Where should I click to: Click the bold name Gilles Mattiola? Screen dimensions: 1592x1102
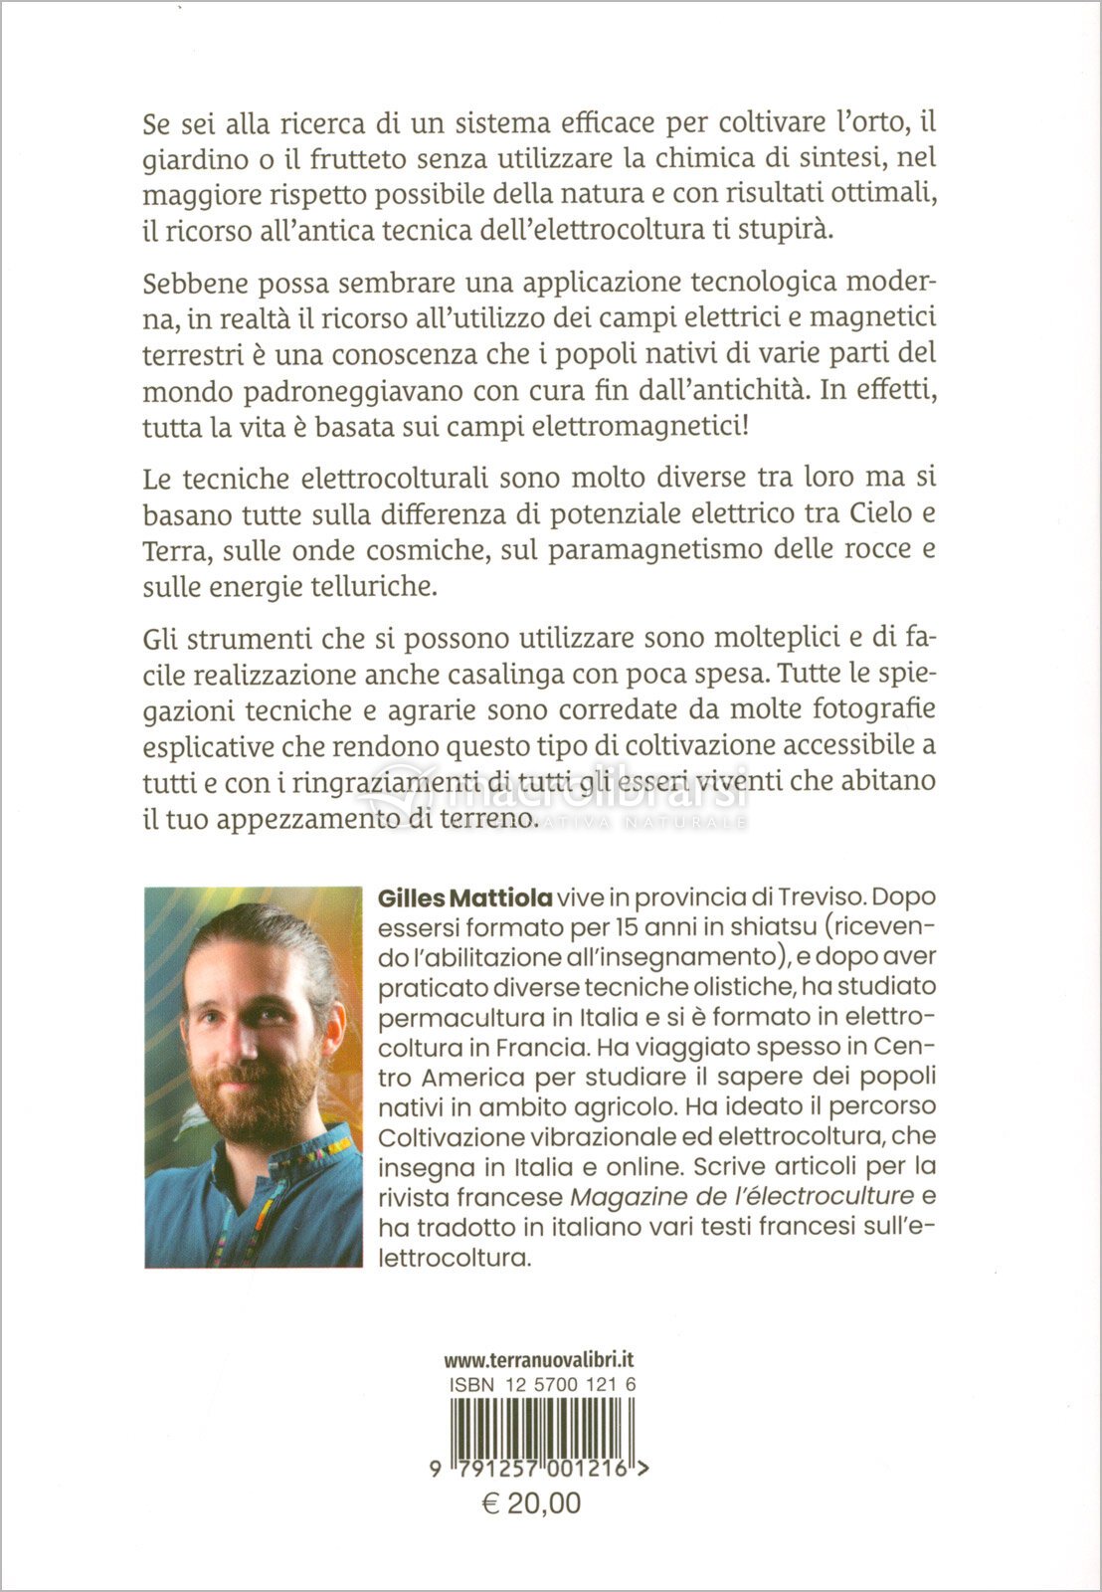pos(464,897)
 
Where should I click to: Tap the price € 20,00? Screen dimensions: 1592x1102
pos(531,1502)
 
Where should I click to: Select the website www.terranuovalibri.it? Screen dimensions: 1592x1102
pos(539,1360)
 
